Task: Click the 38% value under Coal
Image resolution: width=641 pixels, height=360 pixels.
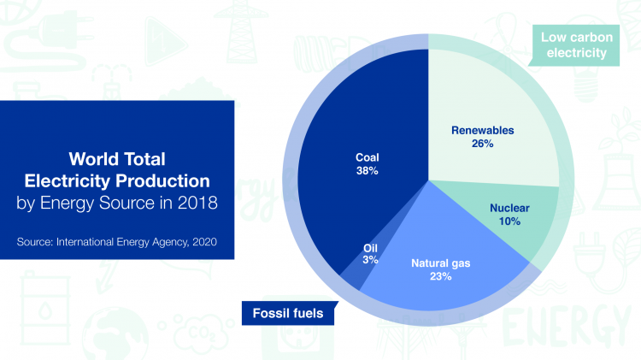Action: [x=368, y=171]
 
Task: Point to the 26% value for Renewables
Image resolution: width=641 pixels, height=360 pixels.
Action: [x=482, y=144]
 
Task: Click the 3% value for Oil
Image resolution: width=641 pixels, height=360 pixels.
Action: [x=370, y=259]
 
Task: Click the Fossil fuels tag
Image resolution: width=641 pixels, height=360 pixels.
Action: [x=288, y=314]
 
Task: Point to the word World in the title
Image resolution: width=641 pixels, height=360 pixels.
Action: [x=91, y=160]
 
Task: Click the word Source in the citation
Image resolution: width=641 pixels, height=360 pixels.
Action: [x=34, y=242]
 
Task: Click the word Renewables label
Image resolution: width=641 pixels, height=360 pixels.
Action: [x=482, y=131]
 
